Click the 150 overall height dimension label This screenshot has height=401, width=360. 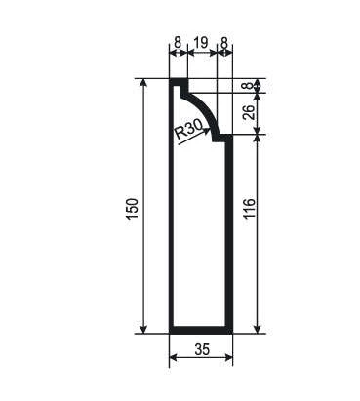coord(133,209)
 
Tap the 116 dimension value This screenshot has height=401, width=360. coord(249,209)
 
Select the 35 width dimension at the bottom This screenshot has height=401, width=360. coord(202,349)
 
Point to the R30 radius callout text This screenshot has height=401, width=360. coord(189,130)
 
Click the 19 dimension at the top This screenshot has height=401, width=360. coord(201,43)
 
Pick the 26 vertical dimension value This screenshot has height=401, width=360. coord(249,113)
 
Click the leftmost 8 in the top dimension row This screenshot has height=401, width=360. coord(178,43)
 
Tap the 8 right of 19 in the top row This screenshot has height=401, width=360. coord(224,43)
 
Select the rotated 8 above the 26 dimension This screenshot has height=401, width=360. coord(249,85)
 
